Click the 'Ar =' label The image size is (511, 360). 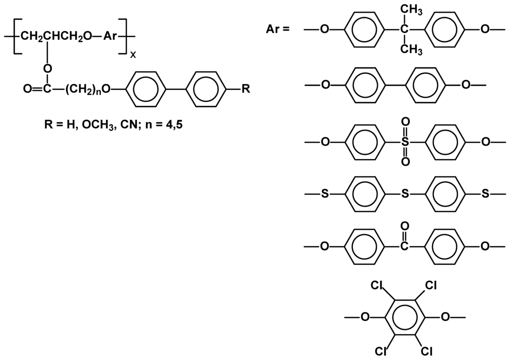tap(277, 29)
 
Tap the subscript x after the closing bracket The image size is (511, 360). tap(133, 55)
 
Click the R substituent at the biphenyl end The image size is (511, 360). tap(246, 89)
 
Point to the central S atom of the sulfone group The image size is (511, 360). tap(405, 142)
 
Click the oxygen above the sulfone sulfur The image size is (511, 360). tap(405, 122)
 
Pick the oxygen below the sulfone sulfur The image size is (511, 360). tap(405, 162)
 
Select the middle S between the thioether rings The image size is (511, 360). tap(405, 193)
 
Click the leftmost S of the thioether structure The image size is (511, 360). tap(324, 193)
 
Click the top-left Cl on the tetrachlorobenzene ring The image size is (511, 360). tap(377, 286)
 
